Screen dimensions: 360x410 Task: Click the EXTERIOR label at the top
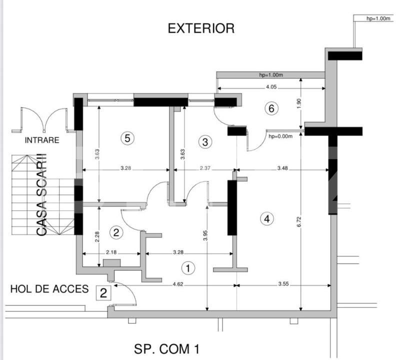[x=201, y=28]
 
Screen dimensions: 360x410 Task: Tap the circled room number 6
[x=271, y=108]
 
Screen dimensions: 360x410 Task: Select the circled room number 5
[x=127, y=138]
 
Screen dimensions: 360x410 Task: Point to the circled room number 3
[x=205, y=142]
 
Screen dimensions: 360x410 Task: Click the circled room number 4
[x=267, y=218]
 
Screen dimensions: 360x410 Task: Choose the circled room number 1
[x=188, y=268]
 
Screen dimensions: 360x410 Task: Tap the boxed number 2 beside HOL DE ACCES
[x=103, y=293]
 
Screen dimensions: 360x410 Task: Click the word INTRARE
[x=42, y=140]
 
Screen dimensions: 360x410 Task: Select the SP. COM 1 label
[x=163, y=348]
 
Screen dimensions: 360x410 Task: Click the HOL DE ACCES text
[x=49, y=289]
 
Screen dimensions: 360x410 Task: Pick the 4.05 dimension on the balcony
[x=271, y=86]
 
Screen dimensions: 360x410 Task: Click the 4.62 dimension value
[x=177, y=283]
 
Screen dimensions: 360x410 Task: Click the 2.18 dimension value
[x=111, y=252]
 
